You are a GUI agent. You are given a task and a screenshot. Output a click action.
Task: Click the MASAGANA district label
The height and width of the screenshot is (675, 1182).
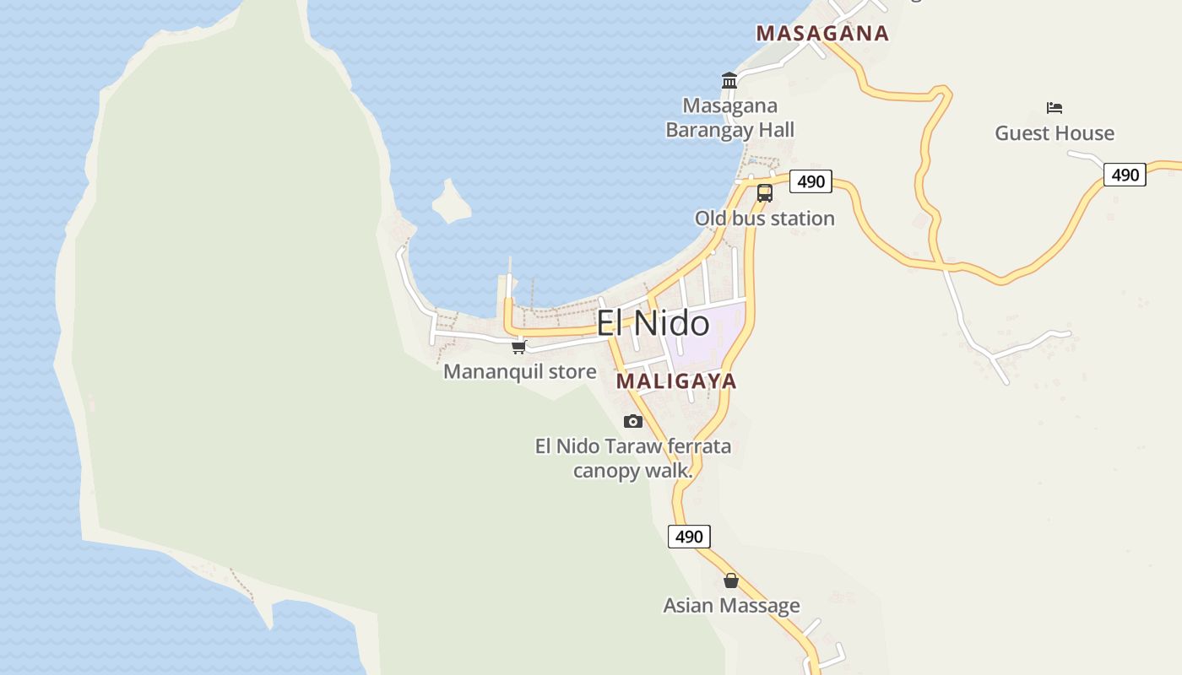821,34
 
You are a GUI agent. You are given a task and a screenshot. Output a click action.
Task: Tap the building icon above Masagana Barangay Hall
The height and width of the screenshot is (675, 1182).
729,81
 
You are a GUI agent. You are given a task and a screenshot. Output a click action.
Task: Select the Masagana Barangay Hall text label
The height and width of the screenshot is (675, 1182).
730,118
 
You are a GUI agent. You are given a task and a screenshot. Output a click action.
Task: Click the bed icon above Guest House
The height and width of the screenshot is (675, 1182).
1054,108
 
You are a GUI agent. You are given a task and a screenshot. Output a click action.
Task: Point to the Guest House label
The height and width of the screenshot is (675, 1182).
1054,133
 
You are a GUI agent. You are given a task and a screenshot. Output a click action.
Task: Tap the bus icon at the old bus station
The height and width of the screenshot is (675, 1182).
765,192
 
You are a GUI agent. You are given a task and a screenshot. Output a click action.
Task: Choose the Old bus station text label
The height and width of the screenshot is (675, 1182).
764,219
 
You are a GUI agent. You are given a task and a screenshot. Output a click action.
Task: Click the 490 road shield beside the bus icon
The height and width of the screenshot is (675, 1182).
811,181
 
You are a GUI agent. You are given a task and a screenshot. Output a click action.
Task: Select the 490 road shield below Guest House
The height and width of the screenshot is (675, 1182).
1125,175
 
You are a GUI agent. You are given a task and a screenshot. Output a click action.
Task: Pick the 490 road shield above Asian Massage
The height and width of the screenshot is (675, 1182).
689,537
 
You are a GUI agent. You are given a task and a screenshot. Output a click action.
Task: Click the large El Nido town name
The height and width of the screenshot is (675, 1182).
653,323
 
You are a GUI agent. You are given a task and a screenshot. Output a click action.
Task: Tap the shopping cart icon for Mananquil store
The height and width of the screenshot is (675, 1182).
519,347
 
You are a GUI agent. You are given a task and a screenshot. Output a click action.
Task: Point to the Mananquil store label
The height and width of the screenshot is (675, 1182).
519,372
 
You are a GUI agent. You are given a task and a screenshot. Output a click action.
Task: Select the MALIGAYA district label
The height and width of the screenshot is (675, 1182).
676,381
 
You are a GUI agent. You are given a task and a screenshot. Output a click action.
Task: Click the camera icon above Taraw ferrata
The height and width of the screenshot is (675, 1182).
633,421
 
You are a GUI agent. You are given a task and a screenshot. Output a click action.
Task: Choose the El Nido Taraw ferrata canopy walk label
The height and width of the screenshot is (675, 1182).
633,458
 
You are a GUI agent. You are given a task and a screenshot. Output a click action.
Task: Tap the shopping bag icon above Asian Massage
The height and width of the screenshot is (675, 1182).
731,580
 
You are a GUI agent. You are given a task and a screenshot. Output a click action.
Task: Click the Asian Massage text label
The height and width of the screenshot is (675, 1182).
731,606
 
